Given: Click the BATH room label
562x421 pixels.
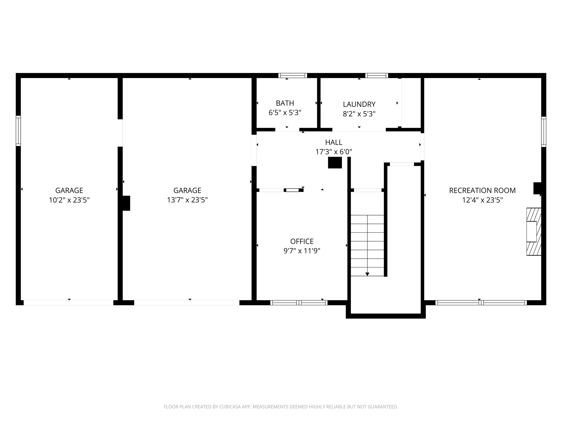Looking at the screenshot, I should point(285,103).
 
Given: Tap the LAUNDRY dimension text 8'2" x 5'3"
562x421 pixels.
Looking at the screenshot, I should point(359,114).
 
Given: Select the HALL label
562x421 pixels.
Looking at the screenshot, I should point(334,142).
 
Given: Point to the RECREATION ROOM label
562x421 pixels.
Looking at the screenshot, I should point(482,191).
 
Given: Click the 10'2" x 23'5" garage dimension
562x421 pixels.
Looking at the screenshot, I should point(69,200).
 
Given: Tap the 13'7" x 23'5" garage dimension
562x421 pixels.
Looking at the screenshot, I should point(187,200).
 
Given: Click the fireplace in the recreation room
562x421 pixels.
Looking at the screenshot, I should point(533,232).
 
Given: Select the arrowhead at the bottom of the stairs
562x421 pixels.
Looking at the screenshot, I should point(367,274).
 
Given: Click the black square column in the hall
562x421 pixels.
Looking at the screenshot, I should point(335,163).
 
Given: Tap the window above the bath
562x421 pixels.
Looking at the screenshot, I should point(293,75).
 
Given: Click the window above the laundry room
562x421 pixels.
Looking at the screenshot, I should point(376,75).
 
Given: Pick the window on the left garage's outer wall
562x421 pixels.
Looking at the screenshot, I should point(18,131).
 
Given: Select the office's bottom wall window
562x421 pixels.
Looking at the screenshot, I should point(299,302).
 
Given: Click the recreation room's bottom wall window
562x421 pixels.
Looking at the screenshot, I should point(481,302).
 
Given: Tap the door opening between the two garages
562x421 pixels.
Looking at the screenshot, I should point(120,133).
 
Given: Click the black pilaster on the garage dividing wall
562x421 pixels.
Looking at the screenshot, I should point(126,203).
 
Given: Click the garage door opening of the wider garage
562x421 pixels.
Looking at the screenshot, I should point(187,302).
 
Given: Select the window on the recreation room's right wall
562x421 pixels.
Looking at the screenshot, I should point(544,132).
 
